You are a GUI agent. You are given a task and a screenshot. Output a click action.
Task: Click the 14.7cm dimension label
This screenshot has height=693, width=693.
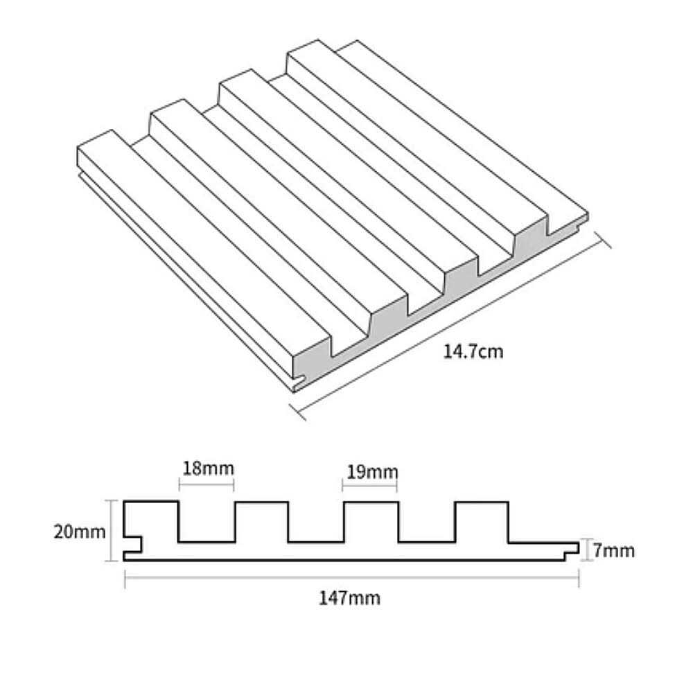(473, 352)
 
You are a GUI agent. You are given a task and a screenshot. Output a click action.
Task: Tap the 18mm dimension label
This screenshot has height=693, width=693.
(208, 468)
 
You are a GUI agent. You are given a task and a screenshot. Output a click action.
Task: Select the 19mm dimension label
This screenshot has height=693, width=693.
(371, 472)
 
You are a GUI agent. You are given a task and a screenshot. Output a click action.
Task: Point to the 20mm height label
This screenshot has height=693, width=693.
(80, 532)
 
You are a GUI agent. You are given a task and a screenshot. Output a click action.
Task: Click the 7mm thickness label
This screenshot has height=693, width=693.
(613, 551)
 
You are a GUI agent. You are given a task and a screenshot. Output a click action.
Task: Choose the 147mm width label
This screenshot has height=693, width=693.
(349, 599)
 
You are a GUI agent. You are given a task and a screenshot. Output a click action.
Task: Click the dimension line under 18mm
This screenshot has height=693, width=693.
(207, 485)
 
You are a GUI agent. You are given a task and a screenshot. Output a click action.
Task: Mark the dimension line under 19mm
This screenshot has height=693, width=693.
(369, 486)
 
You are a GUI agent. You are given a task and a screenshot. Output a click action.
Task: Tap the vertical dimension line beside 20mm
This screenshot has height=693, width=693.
(112, 530)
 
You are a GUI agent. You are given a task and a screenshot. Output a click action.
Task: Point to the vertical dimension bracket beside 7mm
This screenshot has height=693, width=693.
(586, 550)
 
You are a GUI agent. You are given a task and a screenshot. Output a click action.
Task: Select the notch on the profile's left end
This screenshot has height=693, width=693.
(132, 545)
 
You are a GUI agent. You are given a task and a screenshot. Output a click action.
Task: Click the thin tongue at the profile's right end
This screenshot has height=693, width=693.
(572, 548)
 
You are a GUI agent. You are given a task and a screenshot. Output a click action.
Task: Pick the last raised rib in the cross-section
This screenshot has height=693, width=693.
(482, 522)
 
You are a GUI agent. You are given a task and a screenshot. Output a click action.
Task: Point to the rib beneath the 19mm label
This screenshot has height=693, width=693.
(371, 522)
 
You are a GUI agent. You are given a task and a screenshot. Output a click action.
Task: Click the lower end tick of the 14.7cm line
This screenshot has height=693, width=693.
(297, 412)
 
